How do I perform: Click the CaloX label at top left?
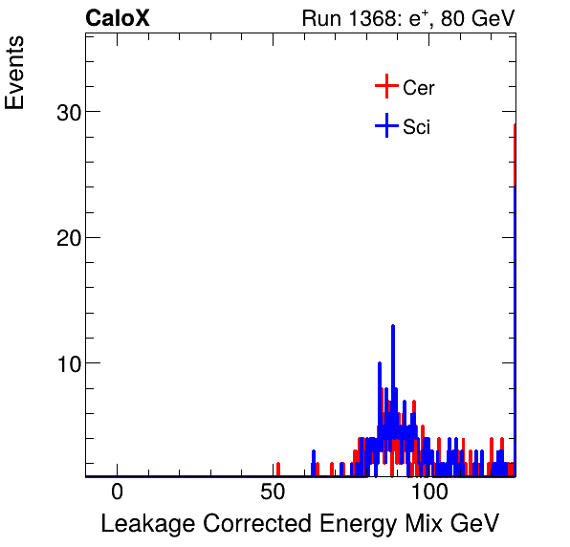118,18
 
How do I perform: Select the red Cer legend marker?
385,87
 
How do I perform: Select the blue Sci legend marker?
385,126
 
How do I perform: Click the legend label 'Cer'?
419,88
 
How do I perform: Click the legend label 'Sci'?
417,127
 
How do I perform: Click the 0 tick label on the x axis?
117,492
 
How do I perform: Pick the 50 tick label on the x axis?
274,492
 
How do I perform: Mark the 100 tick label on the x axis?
430,492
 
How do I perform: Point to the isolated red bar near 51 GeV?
277,468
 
